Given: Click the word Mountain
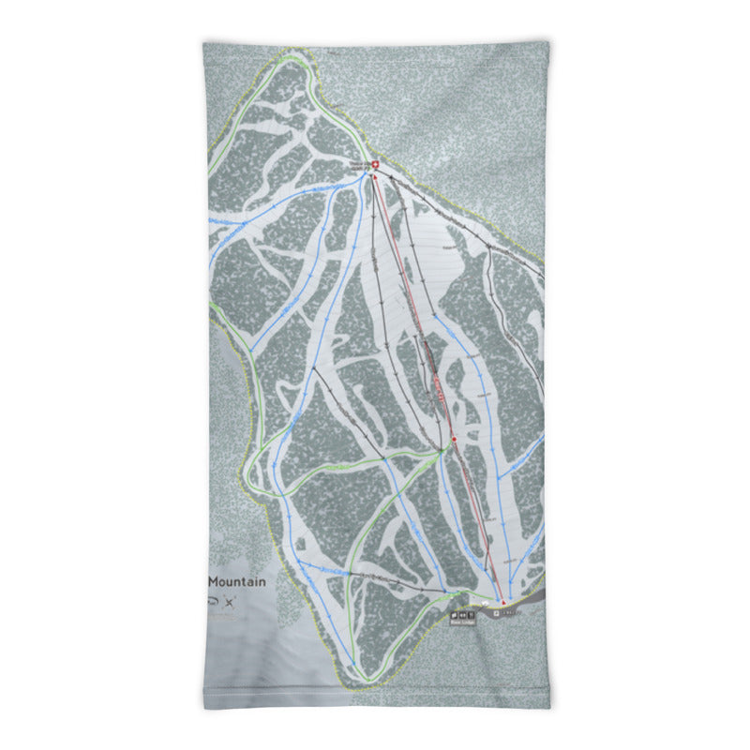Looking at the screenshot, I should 237,581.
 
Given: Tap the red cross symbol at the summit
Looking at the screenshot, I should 376,167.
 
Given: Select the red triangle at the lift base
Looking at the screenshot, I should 502,602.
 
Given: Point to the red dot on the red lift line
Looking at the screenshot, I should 454,439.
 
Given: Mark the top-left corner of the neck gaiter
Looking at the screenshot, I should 204,43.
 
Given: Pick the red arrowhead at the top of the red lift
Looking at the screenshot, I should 375,176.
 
